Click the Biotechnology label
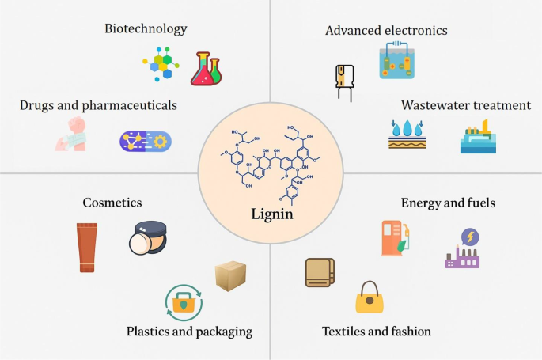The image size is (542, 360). click(146, 29)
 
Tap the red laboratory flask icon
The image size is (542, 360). click(205, 69)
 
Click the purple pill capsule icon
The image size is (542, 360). click(145, 141)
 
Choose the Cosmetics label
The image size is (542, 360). click(112, 203)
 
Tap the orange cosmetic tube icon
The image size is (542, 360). click(88, 247)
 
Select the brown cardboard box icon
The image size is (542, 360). click(231, 275)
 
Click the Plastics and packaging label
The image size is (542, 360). click(189, 331)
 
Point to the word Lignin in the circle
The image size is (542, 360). click(271, 214)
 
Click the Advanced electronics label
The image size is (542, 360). click(387, 31)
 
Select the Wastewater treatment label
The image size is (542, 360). click(465, 105)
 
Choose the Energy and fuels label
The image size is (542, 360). click(448, 203)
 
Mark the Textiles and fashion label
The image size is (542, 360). click(377, 331)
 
